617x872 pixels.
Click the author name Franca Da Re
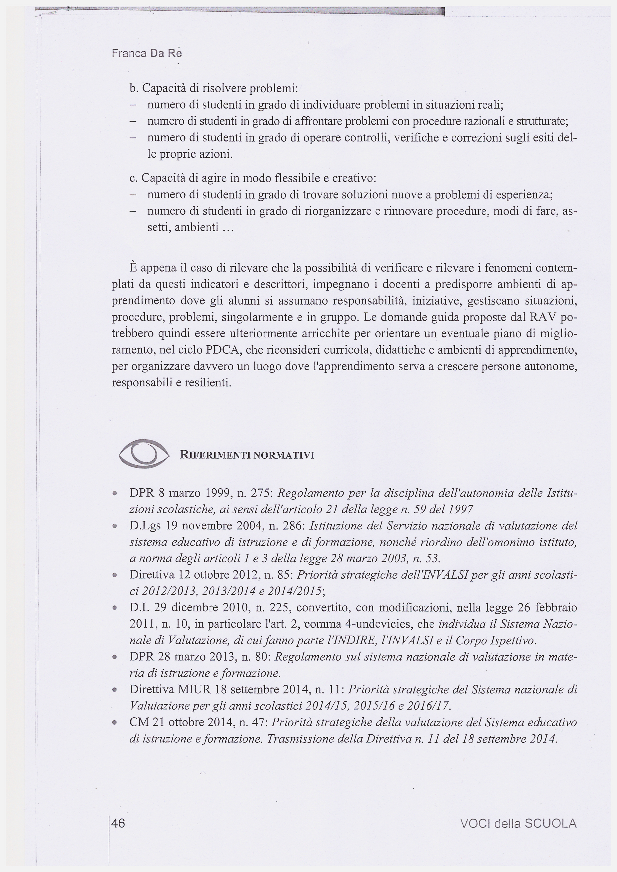pos(147,53)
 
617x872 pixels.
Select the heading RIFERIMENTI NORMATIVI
pos(247,455)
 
